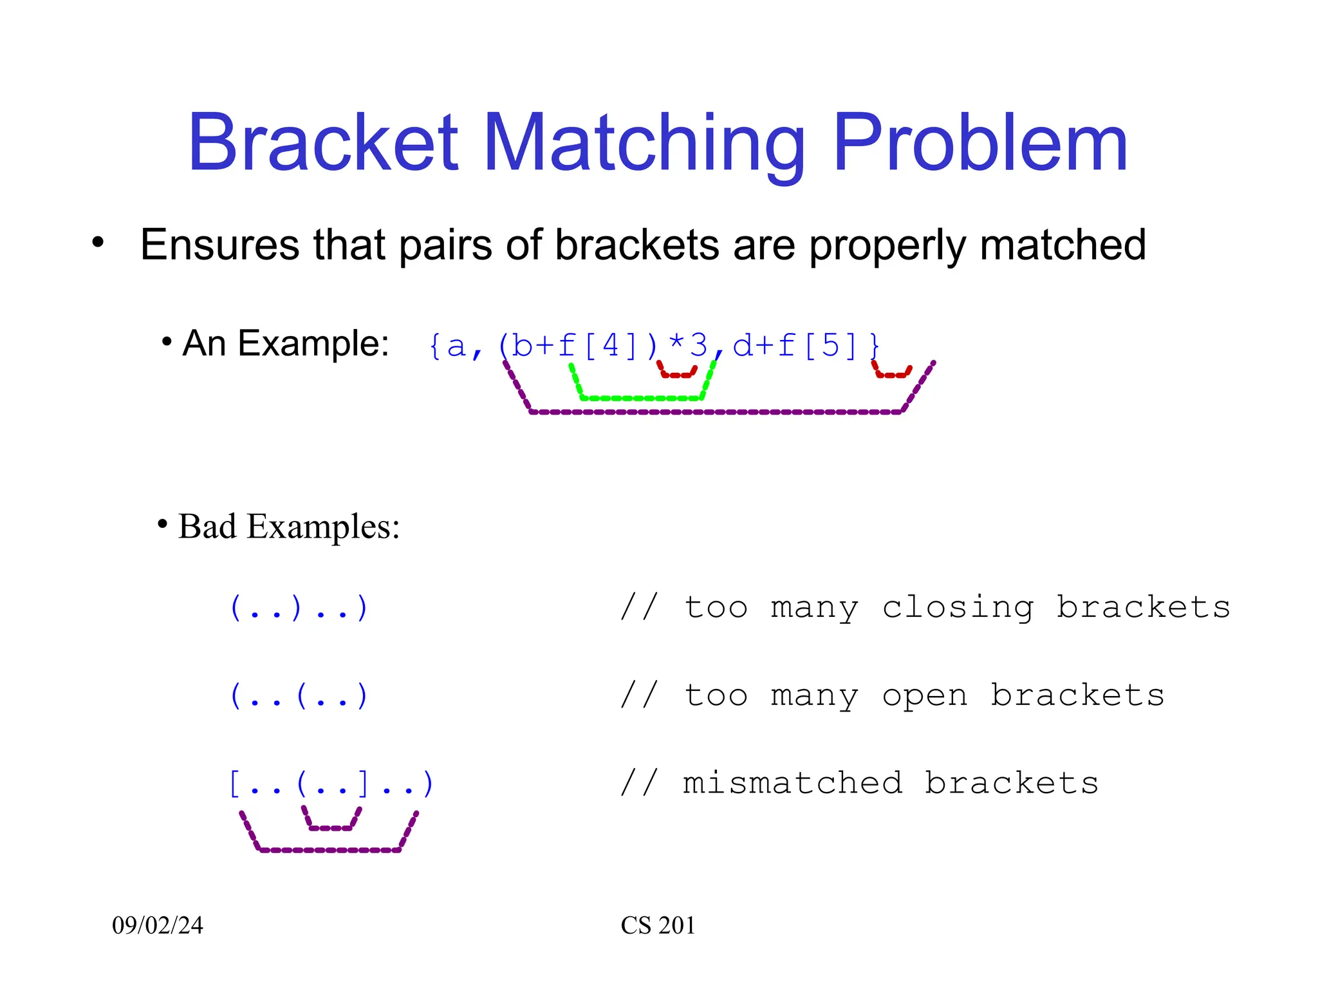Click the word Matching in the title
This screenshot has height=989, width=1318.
644,145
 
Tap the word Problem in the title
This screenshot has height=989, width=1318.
979,143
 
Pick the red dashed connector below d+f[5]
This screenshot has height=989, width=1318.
892,375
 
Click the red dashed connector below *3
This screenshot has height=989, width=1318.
676,375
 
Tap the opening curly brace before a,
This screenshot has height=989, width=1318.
435,346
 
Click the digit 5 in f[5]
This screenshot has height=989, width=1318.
831,346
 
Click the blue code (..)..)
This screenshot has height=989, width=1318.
299,607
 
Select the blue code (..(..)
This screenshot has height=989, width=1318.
299,695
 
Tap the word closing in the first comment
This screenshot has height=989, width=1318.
958,607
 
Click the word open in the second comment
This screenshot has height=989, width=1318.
925,695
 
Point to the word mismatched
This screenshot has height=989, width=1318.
793,784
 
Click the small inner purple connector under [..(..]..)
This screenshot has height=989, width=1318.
331,827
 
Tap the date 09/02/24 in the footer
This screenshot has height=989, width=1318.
158,925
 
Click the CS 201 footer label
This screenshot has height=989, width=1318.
658,925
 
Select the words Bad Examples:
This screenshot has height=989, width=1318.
289,527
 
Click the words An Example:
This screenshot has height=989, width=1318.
286,343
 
